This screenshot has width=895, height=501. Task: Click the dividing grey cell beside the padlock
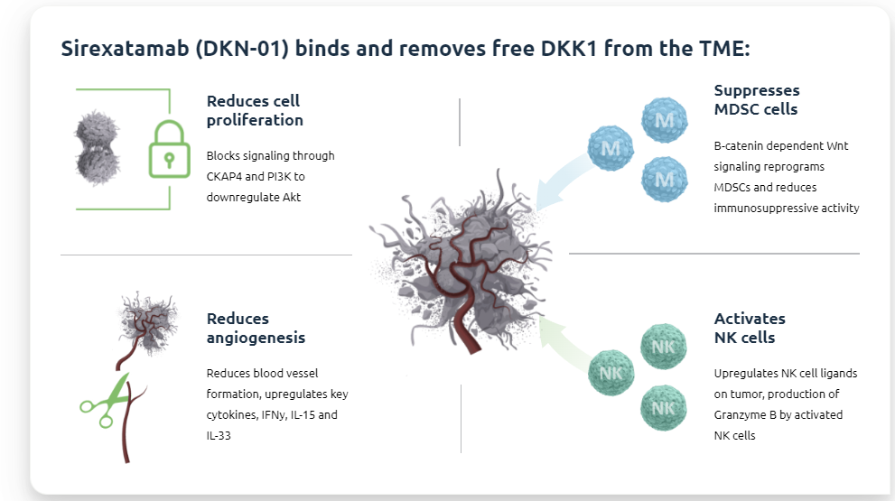click(96, 149)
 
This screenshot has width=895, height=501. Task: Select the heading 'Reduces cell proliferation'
click(254, 110)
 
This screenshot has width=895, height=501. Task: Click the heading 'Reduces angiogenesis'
click(256, 328)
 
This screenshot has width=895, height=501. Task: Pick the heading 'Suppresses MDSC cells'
click(756, 99)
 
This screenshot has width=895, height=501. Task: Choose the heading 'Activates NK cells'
click(750, 328)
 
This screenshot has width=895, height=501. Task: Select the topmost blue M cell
click(664, 120)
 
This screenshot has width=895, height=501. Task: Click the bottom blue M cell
click(664, 180)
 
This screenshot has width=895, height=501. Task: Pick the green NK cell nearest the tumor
click(611, 372)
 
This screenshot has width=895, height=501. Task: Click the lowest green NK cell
click(664, 407)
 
